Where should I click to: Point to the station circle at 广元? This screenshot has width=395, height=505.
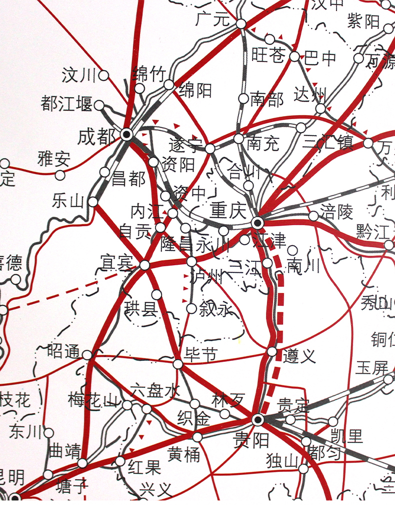[241, 24]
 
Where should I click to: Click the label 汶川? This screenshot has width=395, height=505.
[78, 76]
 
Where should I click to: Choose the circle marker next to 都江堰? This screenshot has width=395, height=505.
[99, 106]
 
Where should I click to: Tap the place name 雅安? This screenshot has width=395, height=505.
[54, 160]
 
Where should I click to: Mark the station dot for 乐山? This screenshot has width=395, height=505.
[93, 202]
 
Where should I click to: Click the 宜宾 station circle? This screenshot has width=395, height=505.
[144, 265]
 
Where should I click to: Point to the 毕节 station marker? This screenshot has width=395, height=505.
[178, 364]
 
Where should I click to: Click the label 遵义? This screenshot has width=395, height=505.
[299, 356]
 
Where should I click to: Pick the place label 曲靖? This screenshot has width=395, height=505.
[64, 452]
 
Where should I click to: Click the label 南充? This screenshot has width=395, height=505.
[262, 144]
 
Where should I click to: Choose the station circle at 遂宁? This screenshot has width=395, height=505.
[210, 148]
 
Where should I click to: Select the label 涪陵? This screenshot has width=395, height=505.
[336, 212]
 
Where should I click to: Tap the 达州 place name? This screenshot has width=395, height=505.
[310, 94]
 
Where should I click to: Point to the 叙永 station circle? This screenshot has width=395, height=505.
[191, 308]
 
